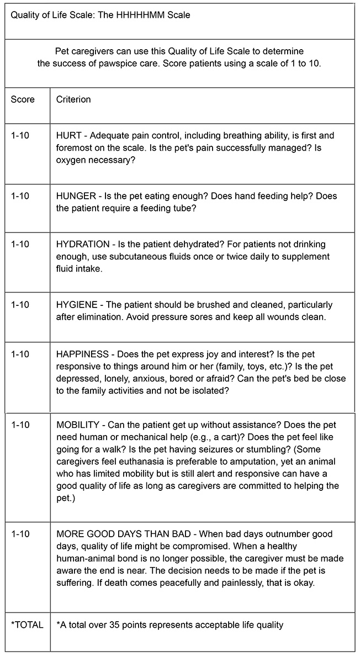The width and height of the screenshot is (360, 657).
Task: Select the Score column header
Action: [23, 99]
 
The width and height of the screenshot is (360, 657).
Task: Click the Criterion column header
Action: [73, 99]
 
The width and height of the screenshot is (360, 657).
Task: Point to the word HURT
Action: [68, 135]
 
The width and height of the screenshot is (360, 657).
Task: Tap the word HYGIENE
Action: [76, 305]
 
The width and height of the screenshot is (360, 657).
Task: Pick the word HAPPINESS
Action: [81, 353]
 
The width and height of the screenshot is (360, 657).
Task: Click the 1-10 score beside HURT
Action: [20, 135]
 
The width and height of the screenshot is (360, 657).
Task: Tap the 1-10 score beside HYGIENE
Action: [20, 305]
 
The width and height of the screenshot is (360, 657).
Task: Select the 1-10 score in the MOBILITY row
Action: [20, 426]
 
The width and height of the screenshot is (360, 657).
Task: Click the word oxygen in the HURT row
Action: [71, 160]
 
